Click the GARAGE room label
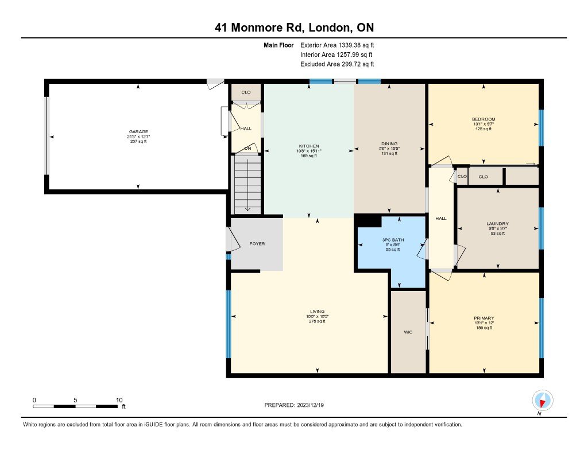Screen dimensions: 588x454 pyautogui.click(x=138, y=131)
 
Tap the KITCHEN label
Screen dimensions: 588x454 pyautogui.click(x=308, y=146)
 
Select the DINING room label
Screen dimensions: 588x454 pyautogui.click(x=389, y=143)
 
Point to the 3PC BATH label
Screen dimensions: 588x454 pyautogui.click(x=393, y=240)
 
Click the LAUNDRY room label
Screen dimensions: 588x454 pyautogui.click(x=498, y=223)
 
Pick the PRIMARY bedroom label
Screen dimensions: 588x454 pyautogui.click(x=483, y=318)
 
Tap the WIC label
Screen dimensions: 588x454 pyautogui.click(x=408, y=332)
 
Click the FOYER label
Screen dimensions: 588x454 pyautogui.click(x=257, y=244)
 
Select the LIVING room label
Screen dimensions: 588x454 pyautogui.click(x=317, y=311)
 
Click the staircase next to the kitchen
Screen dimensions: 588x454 pyautogui.click(x=247, y=184)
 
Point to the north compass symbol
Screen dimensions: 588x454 pyautogui.click(x=542, y=401)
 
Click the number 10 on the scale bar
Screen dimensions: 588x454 pyautogui.click(x=119, y=400)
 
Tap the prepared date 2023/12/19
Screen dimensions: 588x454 pyautogui.click(x=311, y=405)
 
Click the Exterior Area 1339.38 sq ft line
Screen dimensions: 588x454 pyautogui.click(x=337, y=45)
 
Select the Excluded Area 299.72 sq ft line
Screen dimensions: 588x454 pyautogui.click(x=337, y=64)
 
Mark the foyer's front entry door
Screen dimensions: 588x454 pyautogui.click(x=233, y=239)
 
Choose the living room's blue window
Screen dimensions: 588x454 pyautogui.click(x=229, y=324)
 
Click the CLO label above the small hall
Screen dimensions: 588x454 pyautogui.click(x=246, y=92)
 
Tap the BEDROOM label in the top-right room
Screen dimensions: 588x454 pyautogui.click(x=483, y=119)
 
